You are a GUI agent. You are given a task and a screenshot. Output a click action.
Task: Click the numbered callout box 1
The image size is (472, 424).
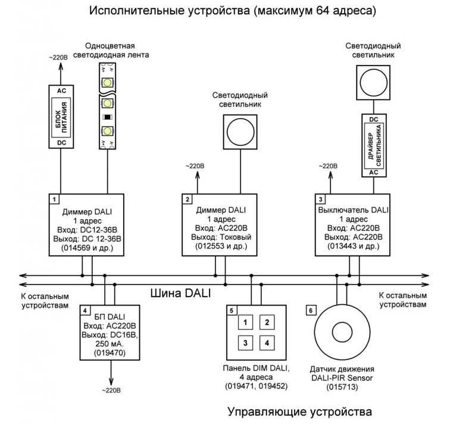(x=54, y=199)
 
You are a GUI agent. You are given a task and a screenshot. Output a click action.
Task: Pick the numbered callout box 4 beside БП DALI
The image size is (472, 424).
(x=86, y=311)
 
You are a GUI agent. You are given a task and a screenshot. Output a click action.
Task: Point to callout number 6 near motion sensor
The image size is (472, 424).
(x=310, y=310)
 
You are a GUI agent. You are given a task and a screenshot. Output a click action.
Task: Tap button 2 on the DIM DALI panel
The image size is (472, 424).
(x=267, y=323)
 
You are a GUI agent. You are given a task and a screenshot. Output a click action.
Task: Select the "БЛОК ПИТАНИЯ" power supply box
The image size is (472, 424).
(x=61, y=117)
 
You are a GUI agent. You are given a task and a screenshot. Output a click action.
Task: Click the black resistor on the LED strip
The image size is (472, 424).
(x=108, y=116)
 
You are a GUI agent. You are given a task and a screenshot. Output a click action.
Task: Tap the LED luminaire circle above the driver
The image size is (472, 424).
(x=373, y=82)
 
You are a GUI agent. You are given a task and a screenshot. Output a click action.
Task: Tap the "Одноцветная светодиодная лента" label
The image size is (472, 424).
(x=111, y=50)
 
